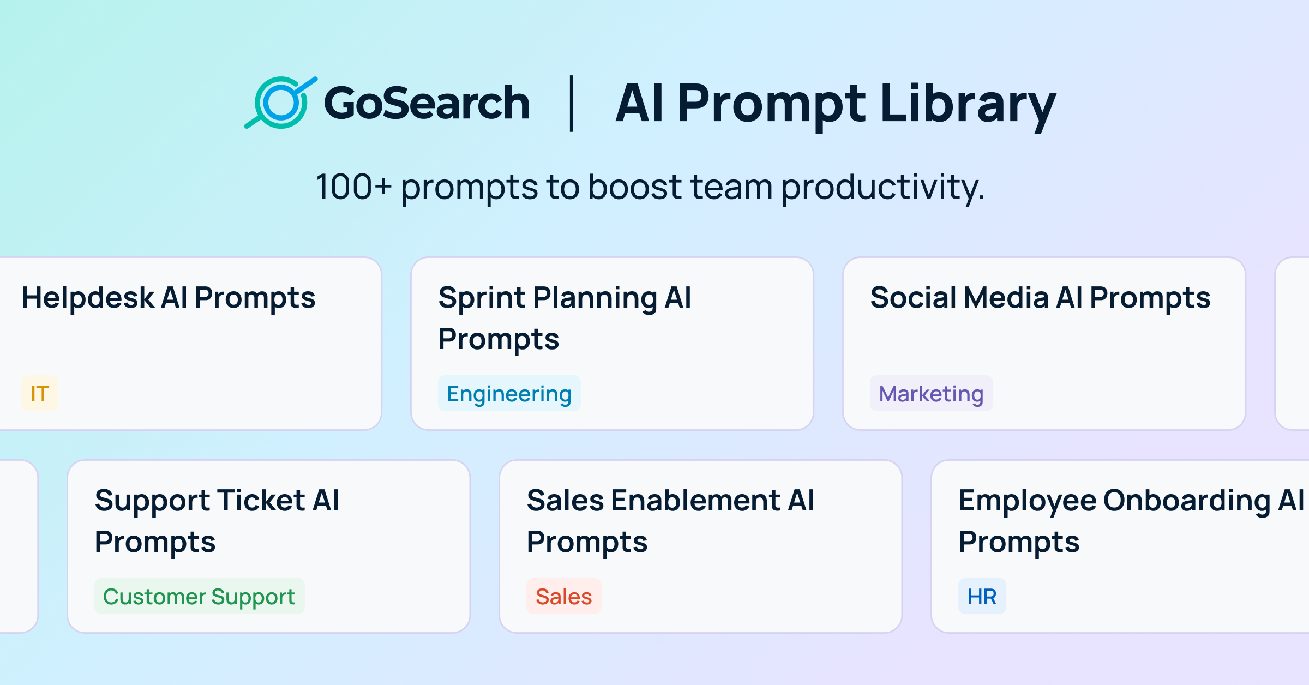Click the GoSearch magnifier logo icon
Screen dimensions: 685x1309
(280, 103)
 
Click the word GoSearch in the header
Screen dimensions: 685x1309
(427, 104)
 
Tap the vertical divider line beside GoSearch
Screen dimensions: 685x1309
(572, 104)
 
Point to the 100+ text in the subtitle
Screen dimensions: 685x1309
(353, 187)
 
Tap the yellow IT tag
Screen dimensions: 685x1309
(40, 393)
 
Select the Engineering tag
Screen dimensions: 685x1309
(509, 393)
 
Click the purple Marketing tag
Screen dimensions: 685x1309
(931, 393)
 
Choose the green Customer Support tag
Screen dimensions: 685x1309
(199, 596)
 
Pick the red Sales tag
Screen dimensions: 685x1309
(563, 596)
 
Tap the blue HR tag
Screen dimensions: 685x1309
(982, 596)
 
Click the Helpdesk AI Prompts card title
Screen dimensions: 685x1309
(169, 298)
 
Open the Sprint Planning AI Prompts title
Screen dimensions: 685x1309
(565, 318)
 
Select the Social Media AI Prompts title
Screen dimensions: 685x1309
(1040, 298)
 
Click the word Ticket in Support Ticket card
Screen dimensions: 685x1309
(261, 501)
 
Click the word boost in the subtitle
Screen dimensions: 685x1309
(634, 187)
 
